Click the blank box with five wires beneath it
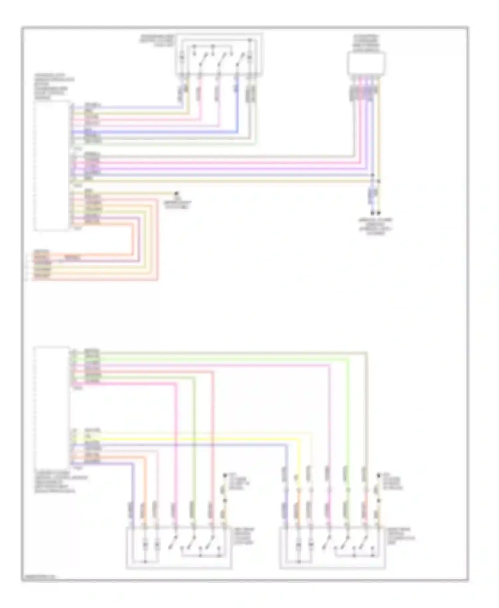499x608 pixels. click(366, 64)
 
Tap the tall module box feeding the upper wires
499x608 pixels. click(52, 165)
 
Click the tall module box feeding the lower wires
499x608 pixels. click(52, 406)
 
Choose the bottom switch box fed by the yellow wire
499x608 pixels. click(332, 547)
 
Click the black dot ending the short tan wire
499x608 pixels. click(177, 193)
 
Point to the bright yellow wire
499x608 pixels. click(200, 439)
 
